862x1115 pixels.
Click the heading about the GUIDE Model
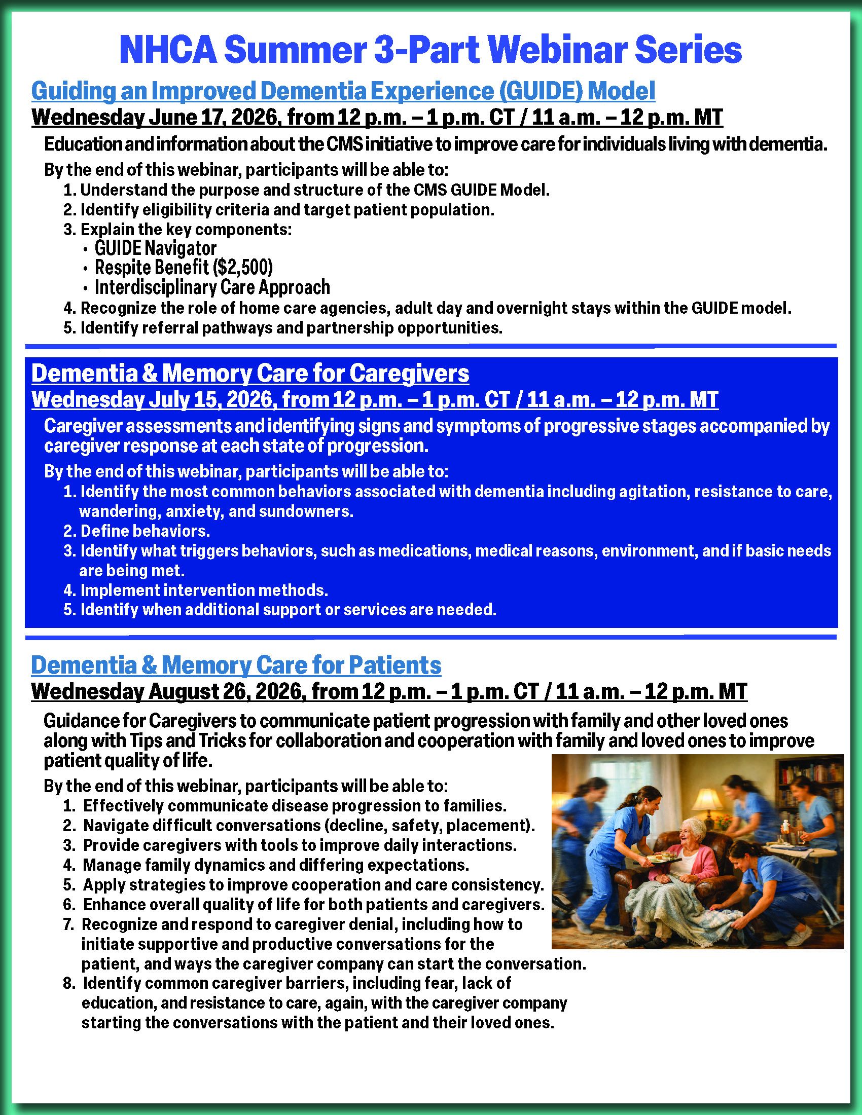[343, 91]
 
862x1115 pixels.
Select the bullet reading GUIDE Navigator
[155, 248]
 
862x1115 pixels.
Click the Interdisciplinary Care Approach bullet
[212, 287]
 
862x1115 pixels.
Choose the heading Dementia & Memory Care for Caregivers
[249, 373]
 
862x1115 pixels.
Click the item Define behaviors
[145, 531]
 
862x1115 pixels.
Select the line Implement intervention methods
[204, 590]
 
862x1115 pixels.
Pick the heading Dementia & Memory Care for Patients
[236, 665]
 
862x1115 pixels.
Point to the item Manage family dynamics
[276, 865]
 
